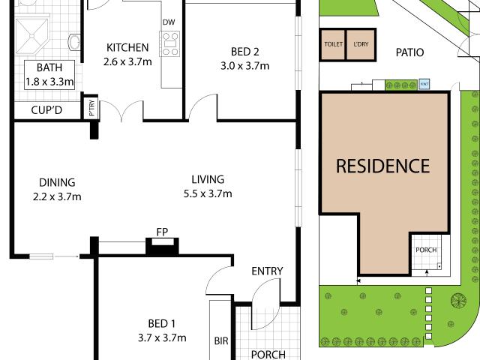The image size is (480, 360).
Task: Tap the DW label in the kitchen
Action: point(169,22)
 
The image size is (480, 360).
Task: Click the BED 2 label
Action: point(244,52)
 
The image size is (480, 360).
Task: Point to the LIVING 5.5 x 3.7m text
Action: point(207,186)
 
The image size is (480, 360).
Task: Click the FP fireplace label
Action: point(160,232)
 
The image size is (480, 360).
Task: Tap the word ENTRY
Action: point(266,271)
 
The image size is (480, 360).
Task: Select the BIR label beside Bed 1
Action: point(220,341)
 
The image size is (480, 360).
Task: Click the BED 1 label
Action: point(157,323)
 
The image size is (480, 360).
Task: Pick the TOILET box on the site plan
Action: point(332,44)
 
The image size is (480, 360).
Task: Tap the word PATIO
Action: point(410,52)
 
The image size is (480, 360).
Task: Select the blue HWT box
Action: point(424,84)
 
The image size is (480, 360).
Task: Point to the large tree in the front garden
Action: point(457,301)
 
